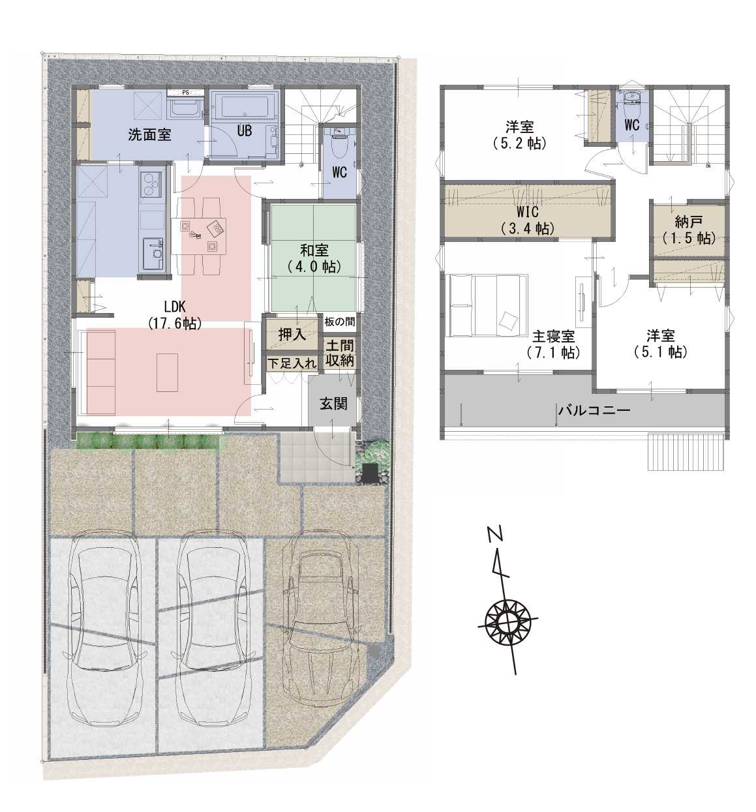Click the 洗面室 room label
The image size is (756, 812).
coord(149,134)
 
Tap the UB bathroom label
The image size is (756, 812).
coord(244,131)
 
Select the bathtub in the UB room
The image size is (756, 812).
coord(245,108)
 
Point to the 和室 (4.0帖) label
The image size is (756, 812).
coord(314,258)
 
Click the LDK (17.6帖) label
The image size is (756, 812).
coord(175,315)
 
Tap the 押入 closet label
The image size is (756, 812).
coord(292,335)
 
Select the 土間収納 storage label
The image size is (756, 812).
coord(340,353)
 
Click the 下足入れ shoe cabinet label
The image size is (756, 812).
coord(292,363)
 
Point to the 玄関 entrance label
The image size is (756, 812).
coord(333,404)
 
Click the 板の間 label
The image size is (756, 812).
coord(340,322)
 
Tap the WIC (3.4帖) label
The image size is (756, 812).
coord(528,220)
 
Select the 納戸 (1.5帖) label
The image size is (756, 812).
coord(689,230)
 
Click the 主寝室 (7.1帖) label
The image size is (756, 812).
coord(553,344)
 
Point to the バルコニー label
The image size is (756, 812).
coord(595,410)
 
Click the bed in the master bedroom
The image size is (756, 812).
coord(488,305)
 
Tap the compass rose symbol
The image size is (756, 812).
coord(507,620)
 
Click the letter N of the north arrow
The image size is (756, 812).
coord(495,534)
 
